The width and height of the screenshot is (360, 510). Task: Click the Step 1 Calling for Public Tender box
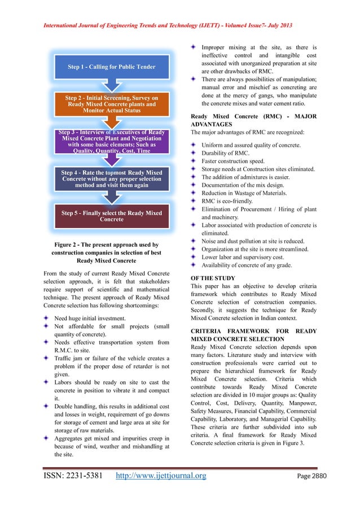click(111, 67)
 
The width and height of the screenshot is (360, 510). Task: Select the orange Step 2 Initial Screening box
click(111, 104)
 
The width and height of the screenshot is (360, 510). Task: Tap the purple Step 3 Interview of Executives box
click(111, 141)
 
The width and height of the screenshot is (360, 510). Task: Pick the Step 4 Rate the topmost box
click(111, 178)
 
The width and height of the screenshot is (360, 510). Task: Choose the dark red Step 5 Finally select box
click(111, 216)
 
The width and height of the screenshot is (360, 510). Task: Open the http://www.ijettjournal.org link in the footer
click(161, 491)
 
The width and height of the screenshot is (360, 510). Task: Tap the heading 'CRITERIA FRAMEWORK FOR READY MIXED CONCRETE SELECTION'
click(253, 334)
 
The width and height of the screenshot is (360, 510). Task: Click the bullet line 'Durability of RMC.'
click(225, 153)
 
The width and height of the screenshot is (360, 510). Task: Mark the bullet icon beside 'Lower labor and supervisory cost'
click(194, 256)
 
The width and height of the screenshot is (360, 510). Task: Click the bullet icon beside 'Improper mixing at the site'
click(194, 47)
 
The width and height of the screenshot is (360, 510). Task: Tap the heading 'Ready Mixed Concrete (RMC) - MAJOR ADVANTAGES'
click(253, 120)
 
